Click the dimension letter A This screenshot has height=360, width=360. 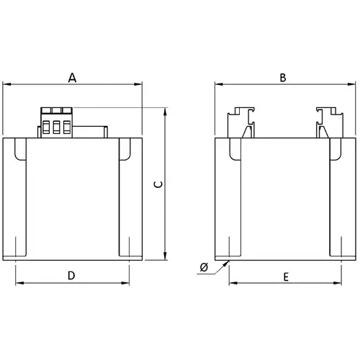pyautogui.click(x=72, y=78)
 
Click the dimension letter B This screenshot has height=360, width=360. pyautogui.click(x=283, y=78)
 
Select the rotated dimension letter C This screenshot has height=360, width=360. pyautogui.click(x=158, y=184)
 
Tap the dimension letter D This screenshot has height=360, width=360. pyautogui.click(x=71, y=276)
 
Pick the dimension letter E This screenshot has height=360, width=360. pyautogui.click(x=286, y=277)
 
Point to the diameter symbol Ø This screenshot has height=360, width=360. pyautogui.click(x=204, y=267)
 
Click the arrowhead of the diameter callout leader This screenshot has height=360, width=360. pyautogui.click(x=226, y=264)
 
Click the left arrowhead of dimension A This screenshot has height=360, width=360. pyautogui.click(x=6, y=84)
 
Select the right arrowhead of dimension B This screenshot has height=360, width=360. pyautogui.click(x=351, y=84)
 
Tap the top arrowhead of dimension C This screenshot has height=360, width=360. pyautogui.click(x=165, y=112)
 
